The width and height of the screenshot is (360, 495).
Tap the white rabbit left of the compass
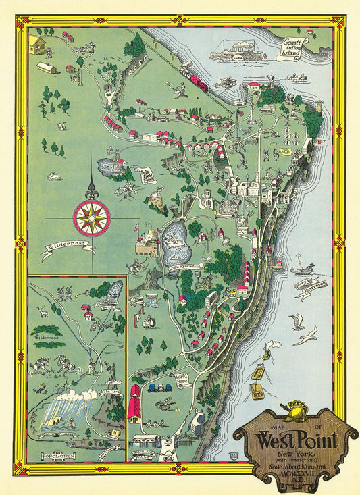53,176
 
